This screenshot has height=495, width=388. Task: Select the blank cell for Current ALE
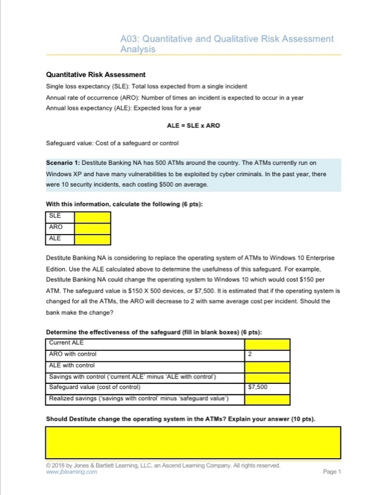[267, 342]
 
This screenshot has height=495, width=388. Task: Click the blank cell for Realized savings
[267, 398]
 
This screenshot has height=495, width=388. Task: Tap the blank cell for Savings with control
[267, 375]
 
